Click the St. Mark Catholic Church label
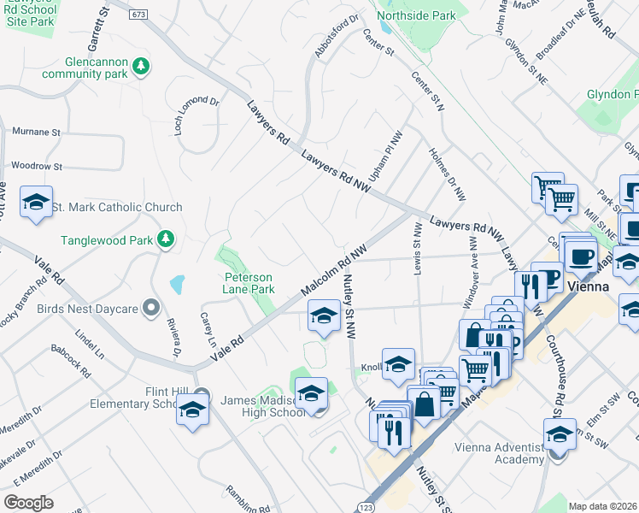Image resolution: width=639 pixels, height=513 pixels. [117, 207]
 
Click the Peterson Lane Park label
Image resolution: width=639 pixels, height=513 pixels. [249, 283]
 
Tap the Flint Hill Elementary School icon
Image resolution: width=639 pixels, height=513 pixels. [192, 409]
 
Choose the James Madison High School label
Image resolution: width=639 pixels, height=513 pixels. [261, 406]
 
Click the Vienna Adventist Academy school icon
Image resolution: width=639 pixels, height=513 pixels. [560, 436]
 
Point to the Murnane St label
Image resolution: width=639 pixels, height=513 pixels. [37, 133]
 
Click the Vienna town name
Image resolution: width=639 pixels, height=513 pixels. [587, 286]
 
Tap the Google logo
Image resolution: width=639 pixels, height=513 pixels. [29, 502]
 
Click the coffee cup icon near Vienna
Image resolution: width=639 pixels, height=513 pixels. [582, 257]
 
